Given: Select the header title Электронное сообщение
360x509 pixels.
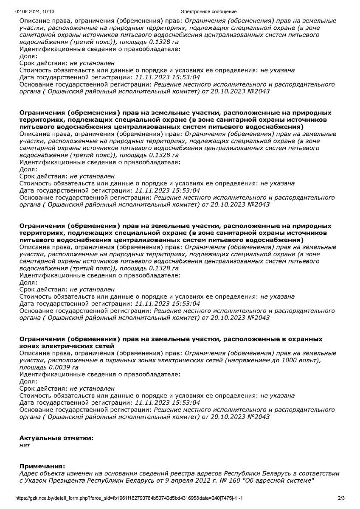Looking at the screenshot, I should (208, 11).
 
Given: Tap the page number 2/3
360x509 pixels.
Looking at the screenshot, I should (341, 498).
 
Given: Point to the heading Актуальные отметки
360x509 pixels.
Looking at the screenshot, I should (56, 438).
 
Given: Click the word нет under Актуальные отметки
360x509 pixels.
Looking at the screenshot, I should (25, 445).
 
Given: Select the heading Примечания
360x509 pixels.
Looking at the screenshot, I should (42, 466).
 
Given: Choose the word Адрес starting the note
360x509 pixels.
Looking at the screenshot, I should (28, 473).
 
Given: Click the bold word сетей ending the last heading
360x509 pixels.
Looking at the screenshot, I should (105, 346).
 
